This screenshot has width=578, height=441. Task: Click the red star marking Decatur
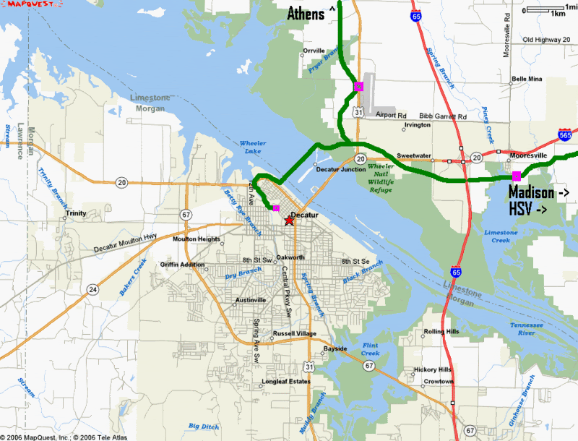290,220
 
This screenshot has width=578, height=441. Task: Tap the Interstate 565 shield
566,134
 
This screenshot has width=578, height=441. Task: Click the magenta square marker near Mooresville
516,176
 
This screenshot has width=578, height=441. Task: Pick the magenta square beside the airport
358,87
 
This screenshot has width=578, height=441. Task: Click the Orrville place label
314,51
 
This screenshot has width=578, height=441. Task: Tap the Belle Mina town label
526,79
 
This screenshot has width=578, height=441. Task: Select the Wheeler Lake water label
252,147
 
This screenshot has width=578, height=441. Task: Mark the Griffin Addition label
184,265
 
